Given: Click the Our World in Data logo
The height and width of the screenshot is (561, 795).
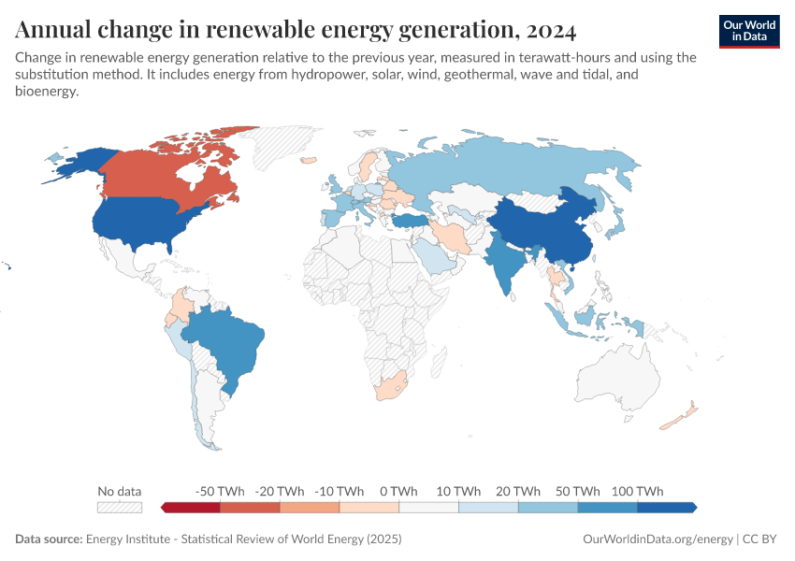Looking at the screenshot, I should (749, 31).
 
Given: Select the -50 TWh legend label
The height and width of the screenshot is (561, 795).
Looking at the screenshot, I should (220, 491).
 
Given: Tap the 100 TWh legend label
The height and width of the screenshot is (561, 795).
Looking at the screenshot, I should (637, 491).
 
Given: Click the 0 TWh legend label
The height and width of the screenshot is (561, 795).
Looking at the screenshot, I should (398, 491).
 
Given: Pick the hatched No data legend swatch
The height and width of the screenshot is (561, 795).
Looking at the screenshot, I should (120, 508).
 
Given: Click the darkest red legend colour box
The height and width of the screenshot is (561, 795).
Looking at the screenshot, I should (192, 508).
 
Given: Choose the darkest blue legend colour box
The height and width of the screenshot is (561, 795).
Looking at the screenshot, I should (666, 508).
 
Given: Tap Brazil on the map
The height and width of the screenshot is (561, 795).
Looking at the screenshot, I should (229, 341).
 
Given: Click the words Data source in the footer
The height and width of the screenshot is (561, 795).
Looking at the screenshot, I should (49, 539).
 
